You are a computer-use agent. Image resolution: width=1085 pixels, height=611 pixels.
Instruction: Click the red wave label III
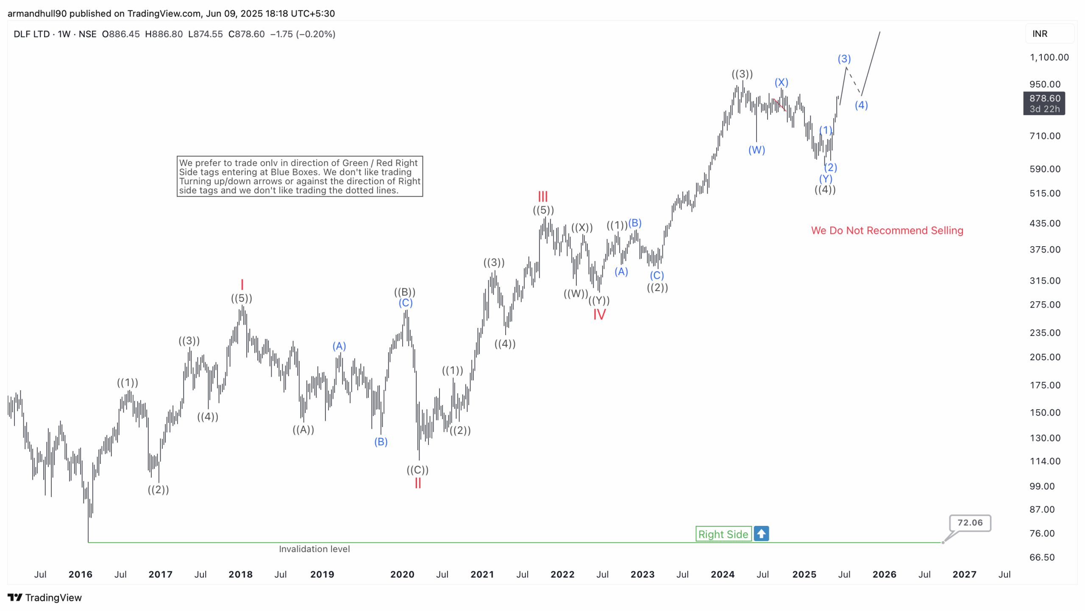[x=542, y=197]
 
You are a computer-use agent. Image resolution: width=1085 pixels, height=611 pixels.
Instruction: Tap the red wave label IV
[x=599, y=314]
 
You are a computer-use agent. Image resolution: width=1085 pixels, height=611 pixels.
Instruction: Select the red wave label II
[x=418, y=483]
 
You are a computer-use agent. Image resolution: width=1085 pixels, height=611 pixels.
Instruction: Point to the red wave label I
[x=242, y=284]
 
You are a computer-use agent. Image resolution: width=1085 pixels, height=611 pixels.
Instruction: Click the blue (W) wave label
[x=757, y=150]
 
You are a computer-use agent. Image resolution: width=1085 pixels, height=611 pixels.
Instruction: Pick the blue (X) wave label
[x=781, y=82]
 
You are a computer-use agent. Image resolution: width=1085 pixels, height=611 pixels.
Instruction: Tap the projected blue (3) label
[x=844, y=59]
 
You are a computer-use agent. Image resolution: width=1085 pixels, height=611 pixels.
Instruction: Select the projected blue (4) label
[x=861, y=105]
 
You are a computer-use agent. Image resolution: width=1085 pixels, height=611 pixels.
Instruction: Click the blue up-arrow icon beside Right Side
[x=761, y=534]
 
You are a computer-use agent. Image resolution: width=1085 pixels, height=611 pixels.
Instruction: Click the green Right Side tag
[x=723, y=534]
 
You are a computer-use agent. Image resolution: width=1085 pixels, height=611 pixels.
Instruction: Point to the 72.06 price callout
[x=970, y=523]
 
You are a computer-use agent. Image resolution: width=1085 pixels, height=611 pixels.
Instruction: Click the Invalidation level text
[x=314, y=549]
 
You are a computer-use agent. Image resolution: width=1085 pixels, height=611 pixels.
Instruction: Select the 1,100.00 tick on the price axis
[x=1049, y=57]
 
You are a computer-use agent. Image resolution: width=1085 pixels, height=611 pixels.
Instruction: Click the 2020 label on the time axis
[x=402, y=575]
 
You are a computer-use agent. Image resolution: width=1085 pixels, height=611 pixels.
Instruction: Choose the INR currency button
[x=1040, y=34]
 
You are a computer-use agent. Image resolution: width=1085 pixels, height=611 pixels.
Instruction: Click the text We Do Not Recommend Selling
[x=887, y=231]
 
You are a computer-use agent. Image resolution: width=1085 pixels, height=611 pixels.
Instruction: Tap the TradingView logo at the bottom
[x=45, y=598]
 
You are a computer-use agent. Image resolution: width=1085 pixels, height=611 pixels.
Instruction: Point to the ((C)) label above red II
[x=417, y=470]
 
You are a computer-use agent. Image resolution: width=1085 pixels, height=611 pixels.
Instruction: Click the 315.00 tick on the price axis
[x=1045, y=281]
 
